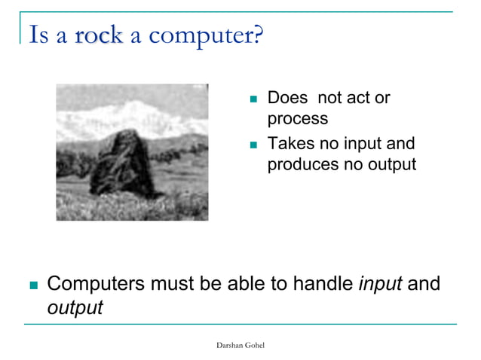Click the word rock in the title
coord(98,35)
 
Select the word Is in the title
coord(38,35)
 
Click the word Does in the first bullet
coord(287,99)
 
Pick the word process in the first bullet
coord(297,118)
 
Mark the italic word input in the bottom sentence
coord(381,285)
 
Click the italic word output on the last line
coord(75,307)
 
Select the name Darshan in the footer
coord(230,344)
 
